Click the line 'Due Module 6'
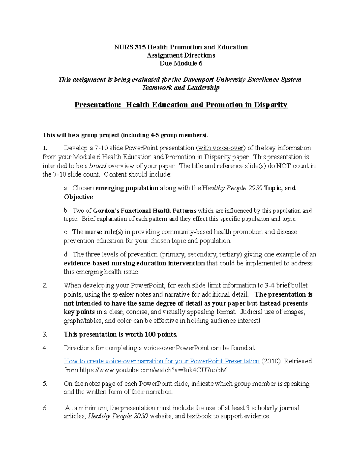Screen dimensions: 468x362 point(181,64)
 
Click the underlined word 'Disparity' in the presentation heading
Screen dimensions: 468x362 point(271,105)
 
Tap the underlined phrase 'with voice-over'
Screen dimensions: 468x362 point(221,148)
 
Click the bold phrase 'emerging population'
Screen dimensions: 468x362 point(127,188)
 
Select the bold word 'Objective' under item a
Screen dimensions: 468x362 point(78,197)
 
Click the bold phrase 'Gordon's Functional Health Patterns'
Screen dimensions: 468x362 point(145,211)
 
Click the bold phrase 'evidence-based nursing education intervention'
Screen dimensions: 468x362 point(134,263)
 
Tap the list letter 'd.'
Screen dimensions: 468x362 point(66,255)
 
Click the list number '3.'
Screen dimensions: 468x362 point(45,335)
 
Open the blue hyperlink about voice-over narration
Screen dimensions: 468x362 point(162,361)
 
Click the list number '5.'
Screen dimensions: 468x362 point(45,384)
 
